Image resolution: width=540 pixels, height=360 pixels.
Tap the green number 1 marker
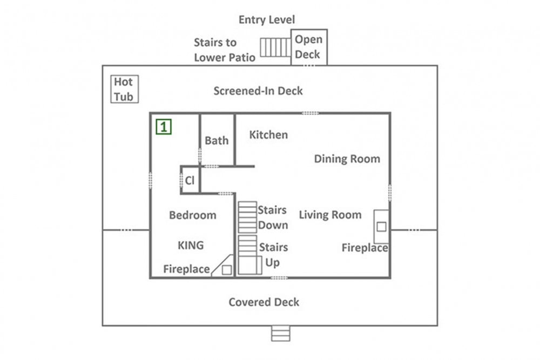(164, 127)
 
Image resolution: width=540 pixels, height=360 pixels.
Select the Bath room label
(217, 140)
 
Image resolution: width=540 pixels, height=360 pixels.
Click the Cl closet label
(190, 180)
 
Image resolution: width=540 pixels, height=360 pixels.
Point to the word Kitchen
(268, 134)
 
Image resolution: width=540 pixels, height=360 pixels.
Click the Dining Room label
(347, 159)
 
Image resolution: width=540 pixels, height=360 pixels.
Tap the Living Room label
(330, 215)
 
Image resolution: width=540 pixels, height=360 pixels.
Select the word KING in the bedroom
(191, 246)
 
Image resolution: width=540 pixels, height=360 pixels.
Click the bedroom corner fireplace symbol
(222, 266)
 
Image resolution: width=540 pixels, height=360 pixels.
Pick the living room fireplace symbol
(381, 226)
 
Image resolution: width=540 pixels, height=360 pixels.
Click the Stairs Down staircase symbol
(247, 217)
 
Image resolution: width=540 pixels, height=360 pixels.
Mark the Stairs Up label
(273, 255)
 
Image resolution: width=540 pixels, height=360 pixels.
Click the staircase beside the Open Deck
(275, 47)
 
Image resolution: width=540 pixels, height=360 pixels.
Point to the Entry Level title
(267, 19)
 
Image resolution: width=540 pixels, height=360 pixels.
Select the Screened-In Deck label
(258, 91)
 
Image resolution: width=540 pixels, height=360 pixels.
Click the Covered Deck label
(264, 302)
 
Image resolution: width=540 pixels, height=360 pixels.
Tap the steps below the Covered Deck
(281, 334)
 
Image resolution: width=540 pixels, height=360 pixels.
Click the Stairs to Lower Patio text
(225, 50)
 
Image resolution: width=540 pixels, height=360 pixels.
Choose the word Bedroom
(193, 215)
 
